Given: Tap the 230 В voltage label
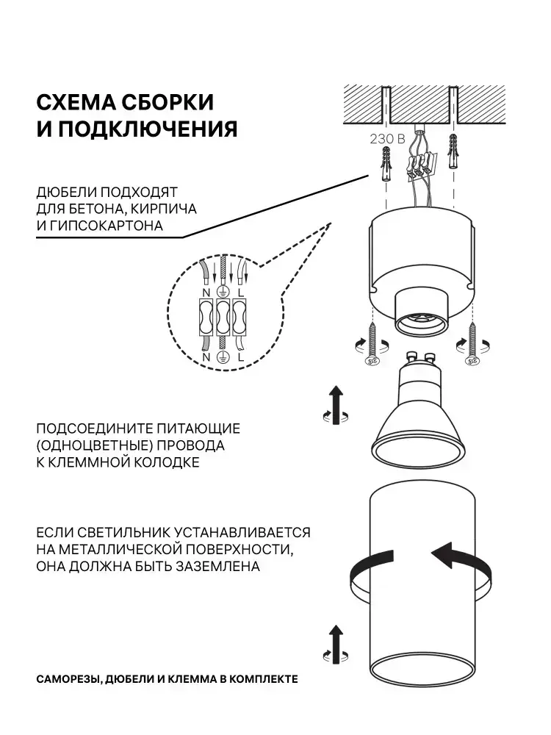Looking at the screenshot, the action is tap(387, 139).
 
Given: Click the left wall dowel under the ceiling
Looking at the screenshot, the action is tap(386, 165).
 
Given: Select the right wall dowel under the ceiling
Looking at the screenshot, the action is tap(453, 152).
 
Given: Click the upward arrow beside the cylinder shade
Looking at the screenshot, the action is tap(336, 644).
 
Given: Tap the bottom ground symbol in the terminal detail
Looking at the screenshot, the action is tap(223, 357).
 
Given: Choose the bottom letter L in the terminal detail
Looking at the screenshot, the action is tap(240, 357).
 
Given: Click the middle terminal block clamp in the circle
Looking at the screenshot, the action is tap(223, 318).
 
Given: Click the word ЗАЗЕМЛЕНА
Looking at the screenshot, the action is tap(218, 566).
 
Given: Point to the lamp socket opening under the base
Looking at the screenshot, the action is tap(419, 323).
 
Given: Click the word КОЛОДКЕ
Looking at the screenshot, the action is tap(167, 462).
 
